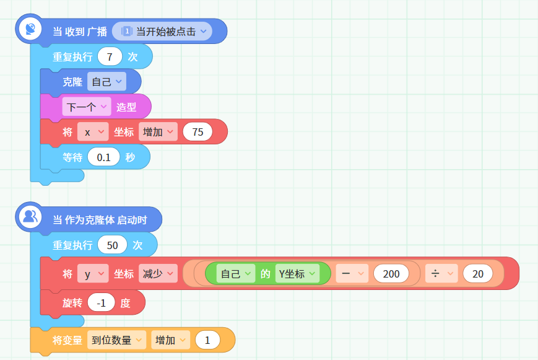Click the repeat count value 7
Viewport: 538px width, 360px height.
coord(110,56)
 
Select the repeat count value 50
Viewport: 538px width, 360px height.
coord(112,245)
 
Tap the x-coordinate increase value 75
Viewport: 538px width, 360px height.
coord(197,131)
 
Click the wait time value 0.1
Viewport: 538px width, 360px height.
coord(103,157)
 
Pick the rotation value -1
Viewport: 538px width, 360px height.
coord(101,302)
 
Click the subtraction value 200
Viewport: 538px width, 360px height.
coord(391,274)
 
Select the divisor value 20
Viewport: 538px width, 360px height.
coord(477,274)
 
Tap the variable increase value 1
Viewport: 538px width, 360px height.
coord(207,340)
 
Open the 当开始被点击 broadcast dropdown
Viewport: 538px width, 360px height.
coord(162,31)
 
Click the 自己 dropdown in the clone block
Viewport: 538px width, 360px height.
coord(106,81)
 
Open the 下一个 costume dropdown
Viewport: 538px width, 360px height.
coord(87,107)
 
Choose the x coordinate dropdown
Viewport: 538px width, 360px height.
coord(93,131)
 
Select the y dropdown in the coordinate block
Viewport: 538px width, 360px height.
coord(93,274)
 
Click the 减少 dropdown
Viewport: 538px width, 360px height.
coord(158,274)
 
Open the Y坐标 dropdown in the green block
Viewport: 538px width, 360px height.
coord(297,274)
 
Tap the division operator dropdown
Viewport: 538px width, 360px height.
coord(441,274)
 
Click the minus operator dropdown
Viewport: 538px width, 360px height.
coord(352,274)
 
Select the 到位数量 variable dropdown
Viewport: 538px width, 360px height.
coord(116,340)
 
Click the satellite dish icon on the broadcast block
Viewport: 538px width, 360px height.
coord(30,29)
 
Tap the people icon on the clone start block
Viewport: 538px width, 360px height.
coord(30,217)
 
